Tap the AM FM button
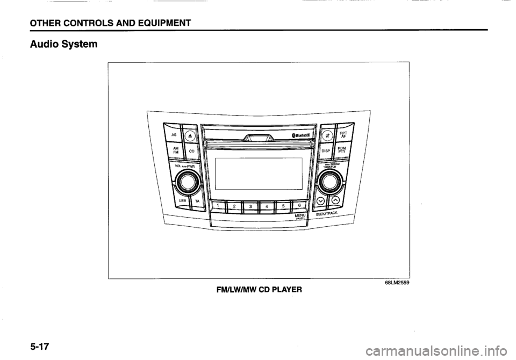coord(175,152)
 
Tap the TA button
coord(197,200)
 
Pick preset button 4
coord(266,205)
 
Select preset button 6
coord(298,204)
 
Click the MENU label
coord(300,216)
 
